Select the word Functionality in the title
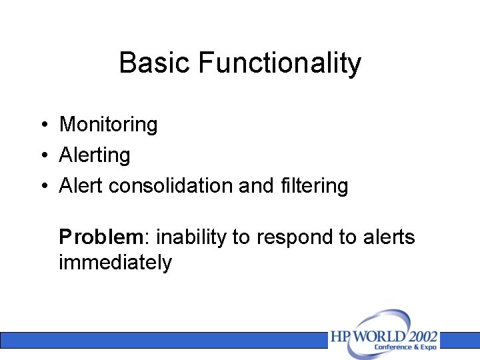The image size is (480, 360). coord(279,63)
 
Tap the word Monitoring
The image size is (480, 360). coord(109,125)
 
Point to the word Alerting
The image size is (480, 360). coord(95,155)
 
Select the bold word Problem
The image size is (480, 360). coord(101,237)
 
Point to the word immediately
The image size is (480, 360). coord(115,263)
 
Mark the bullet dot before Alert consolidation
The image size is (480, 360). coord(42,186)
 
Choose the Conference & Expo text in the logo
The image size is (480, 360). coord(405,347)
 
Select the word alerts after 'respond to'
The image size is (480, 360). coord(389,237)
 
